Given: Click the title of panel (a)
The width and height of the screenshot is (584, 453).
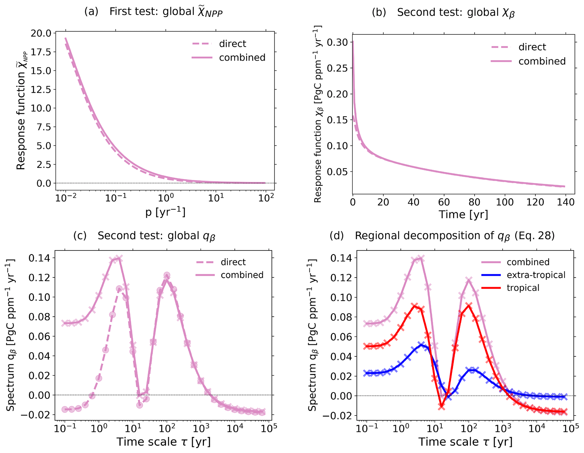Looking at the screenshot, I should [x=153, y=12].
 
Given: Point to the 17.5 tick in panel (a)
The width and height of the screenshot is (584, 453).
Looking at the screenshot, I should [x=41, y=52].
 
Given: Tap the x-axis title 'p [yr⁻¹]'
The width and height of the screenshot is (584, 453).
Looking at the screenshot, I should [x=165, y=212].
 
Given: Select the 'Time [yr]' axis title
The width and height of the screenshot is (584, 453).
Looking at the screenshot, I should [x=463, y=215].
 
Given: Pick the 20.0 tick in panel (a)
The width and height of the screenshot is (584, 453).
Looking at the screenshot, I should [x=41, y=33].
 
